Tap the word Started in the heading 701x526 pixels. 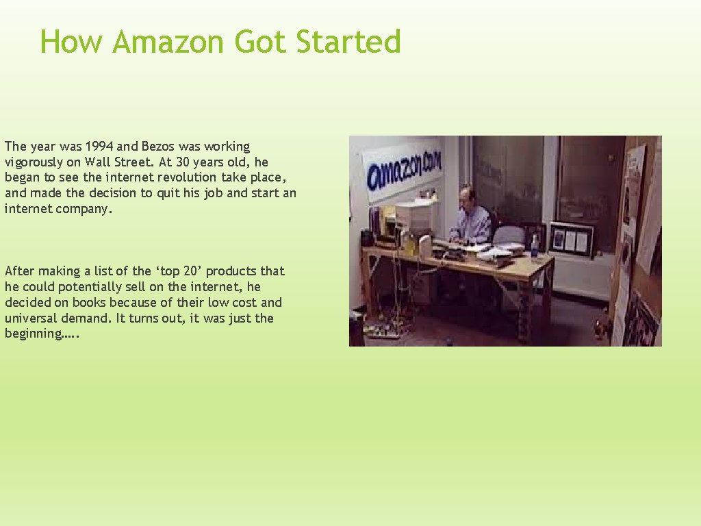pos(348,42)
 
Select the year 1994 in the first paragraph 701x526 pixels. pos(101,147)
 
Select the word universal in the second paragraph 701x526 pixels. pos(31,318)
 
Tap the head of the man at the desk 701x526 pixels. pos(466,195)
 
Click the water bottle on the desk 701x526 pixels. pos(535,247)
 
